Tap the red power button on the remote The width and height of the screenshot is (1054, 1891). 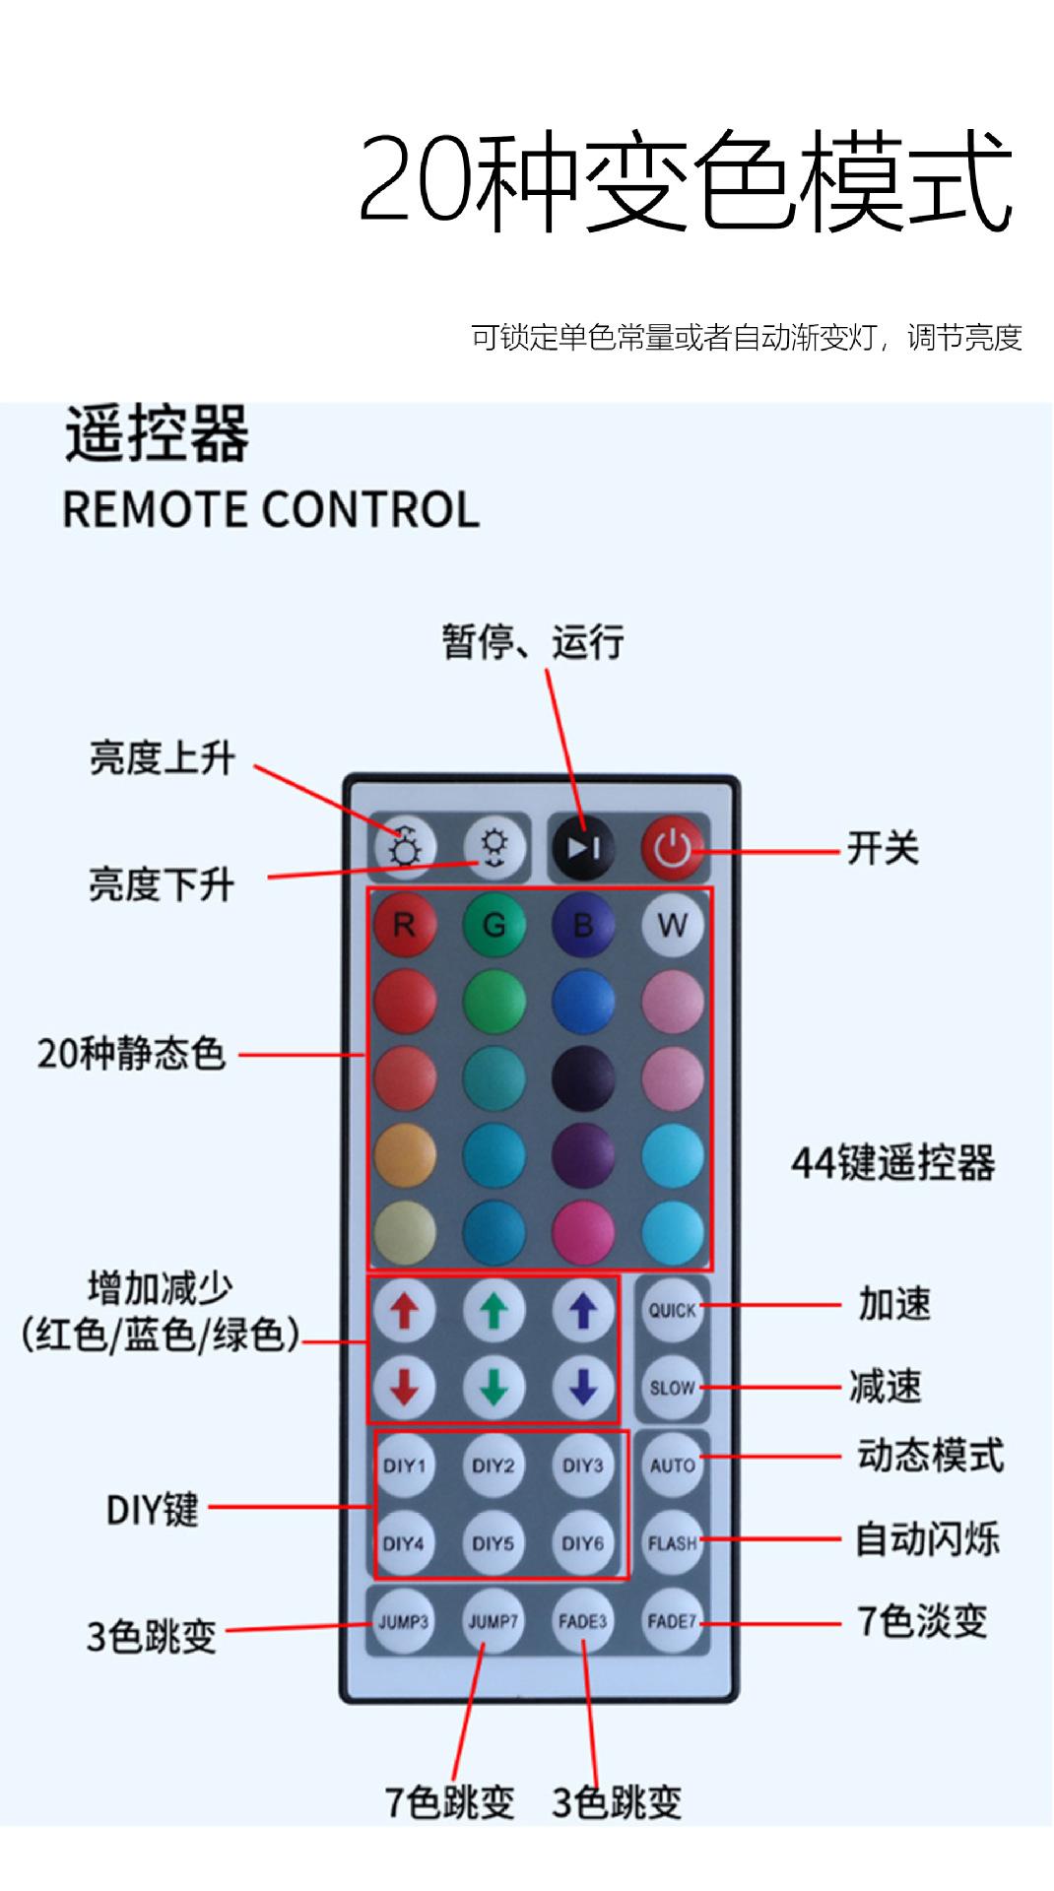click(673, 847)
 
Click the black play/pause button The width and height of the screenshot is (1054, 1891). click(583, 847)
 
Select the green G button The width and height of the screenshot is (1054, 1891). click(494, 925)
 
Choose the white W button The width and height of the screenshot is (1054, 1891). click(673, 925)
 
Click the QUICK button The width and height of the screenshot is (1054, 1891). click(673, 1310)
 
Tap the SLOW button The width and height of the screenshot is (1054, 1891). click(673, 1388)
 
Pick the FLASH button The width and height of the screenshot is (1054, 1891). click(673, 1543)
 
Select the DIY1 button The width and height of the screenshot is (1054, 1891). click(404, 1466)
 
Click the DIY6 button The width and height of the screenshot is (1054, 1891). click(583, 1543)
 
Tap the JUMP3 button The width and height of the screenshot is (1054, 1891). click(404, 1621)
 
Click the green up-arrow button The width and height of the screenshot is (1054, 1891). click(494, 1310)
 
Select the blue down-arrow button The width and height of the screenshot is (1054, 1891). click(583, 1388)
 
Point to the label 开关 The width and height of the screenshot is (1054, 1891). click(883, 848)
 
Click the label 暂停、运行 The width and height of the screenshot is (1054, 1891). click(532, 642)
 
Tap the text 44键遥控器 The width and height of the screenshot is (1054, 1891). click(892, 1163)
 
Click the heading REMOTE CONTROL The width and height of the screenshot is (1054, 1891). click(271, 509)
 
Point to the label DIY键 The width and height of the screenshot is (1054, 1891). click(152, 1509)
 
